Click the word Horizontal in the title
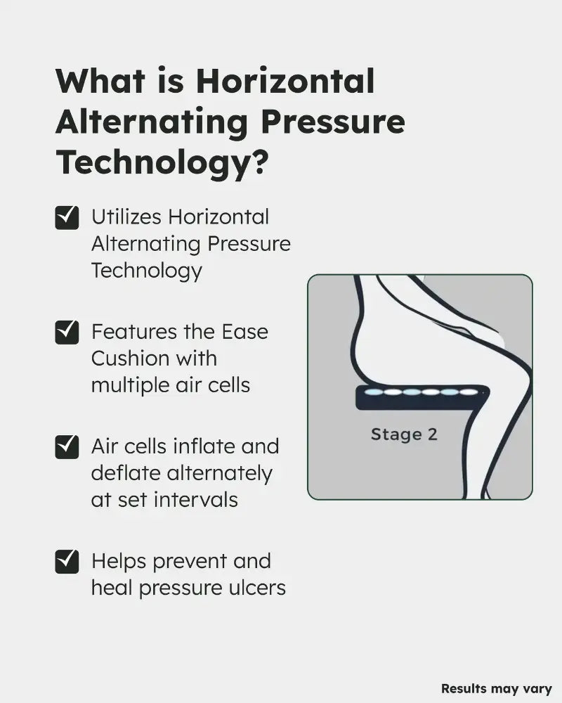click(x=285, y=81)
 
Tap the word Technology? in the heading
click(x=162, y=162)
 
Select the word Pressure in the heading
click(x=333, y=122)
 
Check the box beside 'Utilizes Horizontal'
click(x=67, y=218)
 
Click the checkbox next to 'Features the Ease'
click(x=67, y=333)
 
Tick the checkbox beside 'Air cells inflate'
click(x=67, y=447)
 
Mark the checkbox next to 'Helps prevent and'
click(x=67, y=562)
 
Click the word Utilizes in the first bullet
click(x=126, y=217)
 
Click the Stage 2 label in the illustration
click(x=404, y=434)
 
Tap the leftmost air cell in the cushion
click(x=373, y=392)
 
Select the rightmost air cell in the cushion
click(x=469, y=392)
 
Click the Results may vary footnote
click(x=497, y=689)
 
